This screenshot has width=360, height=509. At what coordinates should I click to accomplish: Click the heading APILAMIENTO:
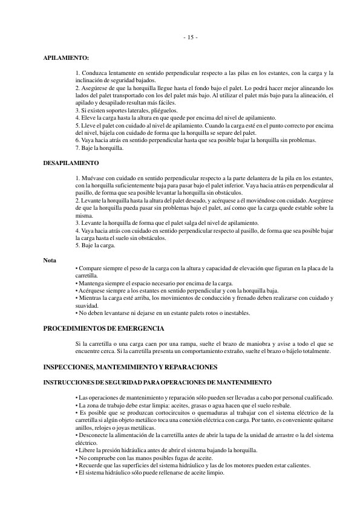[x=66, y=58]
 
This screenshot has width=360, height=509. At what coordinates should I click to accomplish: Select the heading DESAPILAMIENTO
[x=71, y=163]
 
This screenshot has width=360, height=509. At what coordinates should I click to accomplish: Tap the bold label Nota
[x=50, y=261]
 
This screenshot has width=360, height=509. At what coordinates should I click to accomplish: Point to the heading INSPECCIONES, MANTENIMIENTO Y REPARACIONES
[x=131, y=367]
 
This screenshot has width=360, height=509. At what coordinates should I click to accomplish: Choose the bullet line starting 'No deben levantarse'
[x=163, y=313]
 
